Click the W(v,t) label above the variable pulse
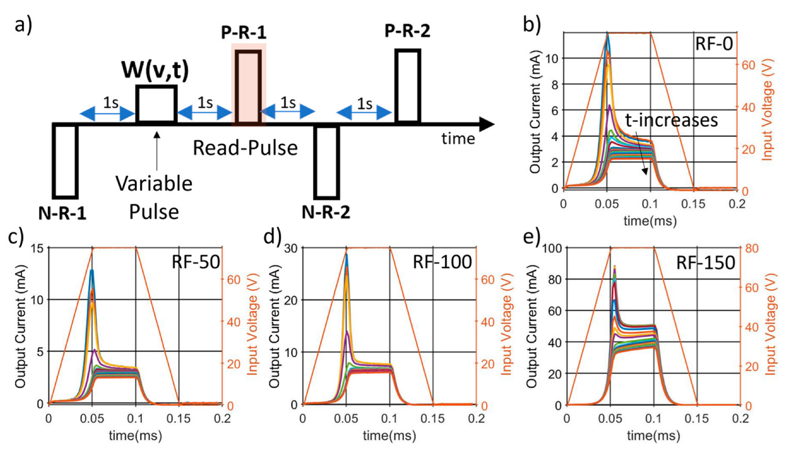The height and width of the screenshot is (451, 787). coord(155,70)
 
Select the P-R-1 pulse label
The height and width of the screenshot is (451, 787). coord(244,33)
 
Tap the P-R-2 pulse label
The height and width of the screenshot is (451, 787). coord(407,31)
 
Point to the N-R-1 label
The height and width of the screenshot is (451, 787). coord(62,213)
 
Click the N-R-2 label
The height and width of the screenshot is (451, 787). coord(326,212)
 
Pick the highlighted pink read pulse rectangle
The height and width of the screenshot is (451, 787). coord(249,85)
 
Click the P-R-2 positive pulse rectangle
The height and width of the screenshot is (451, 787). coord(408,85)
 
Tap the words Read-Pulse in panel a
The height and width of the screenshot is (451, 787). coord(245,148)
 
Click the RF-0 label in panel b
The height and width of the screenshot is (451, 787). coord(713,44)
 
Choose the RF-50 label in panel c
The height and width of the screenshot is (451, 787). coord(196,262)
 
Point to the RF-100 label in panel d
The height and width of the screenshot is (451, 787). coord(442,262)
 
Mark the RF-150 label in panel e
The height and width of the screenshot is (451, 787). coord(705,263)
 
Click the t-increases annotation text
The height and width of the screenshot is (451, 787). coord(671,120)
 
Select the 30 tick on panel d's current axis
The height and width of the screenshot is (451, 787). coord(290,248)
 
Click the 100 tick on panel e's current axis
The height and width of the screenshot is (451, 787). coord(552,248)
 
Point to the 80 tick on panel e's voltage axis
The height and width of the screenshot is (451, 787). coord(751,248)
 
